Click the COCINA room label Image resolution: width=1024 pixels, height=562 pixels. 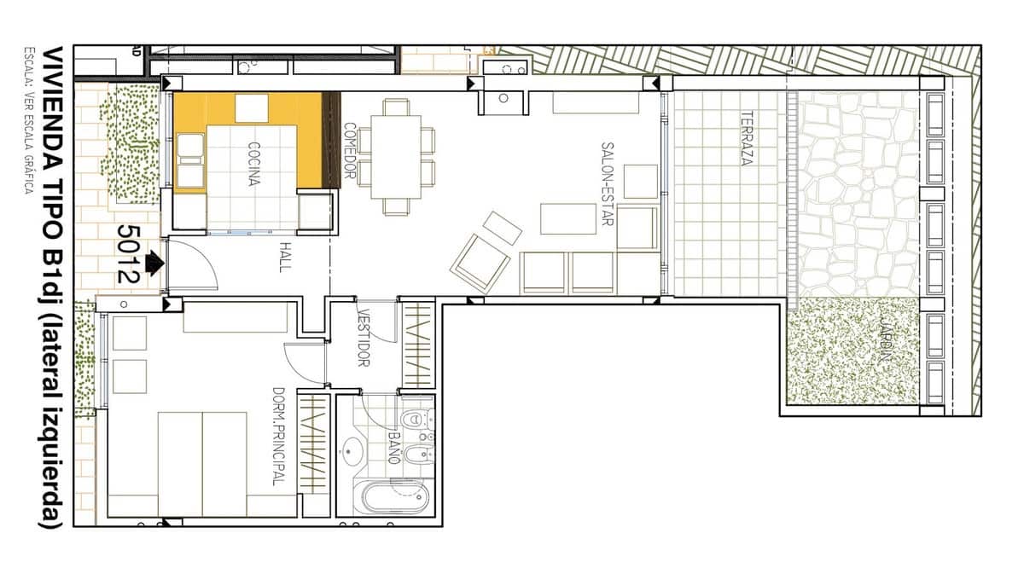click(254, 163)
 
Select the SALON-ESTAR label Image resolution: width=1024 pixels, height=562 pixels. click(608, 183)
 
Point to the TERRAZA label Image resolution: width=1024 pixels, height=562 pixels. click(747, 138)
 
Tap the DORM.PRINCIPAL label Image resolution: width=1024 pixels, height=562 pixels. click(278, 436)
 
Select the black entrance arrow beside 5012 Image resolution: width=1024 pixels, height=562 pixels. click(154, 263)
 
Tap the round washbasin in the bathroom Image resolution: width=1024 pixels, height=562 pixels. click(352, 451)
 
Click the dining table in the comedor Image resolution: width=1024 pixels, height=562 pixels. click(396, 157)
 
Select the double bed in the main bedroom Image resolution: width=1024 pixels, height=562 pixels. click(202, 464)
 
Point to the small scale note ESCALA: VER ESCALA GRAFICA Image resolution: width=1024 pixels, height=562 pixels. click(28, 119)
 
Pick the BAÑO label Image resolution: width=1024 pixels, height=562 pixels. click(395, 446)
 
